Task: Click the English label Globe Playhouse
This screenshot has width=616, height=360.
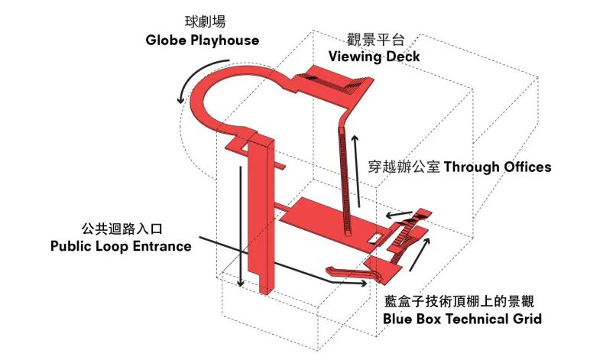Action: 202,40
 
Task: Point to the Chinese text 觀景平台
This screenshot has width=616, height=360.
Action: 374,38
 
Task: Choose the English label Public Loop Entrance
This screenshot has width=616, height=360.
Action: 121,246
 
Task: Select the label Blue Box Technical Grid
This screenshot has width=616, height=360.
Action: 462,319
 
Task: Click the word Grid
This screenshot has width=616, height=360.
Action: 526,319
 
